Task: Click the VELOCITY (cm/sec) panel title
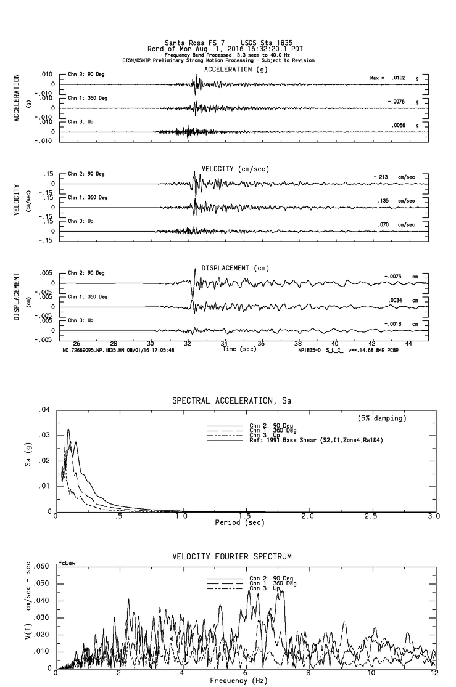point(235,169)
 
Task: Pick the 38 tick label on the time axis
point(299,343)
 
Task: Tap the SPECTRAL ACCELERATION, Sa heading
point(231,401)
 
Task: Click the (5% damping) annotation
point(382,418)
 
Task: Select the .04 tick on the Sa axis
point(44,410)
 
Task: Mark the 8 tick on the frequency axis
point(308,673)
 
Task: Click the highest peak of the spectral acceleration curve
point(68,429)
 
